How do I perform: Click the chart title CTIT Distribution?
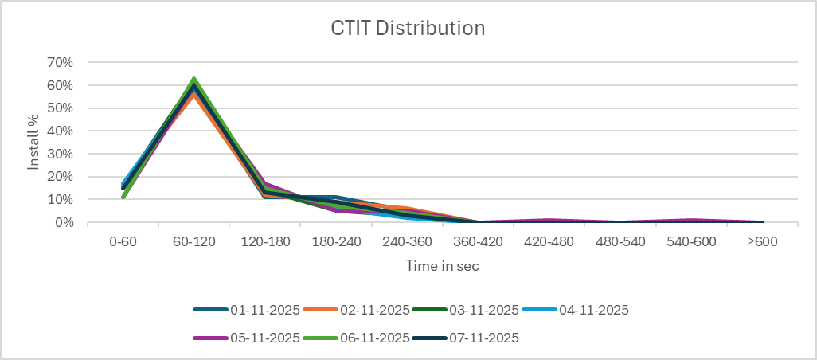click(x=408, y=29)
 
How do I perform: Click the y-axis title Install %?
click(x=34, y=142)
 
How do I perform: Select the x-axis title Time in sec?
click(x=442, y=266)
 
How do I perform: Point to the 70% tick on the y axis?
click(x=61, y=62)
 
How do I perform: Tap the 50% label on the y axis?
click(x=61, y=108)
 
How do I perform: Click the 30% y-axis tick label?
click(x=61, y=154)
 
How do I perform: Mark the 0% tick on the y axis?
click(x=64, y=223)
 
